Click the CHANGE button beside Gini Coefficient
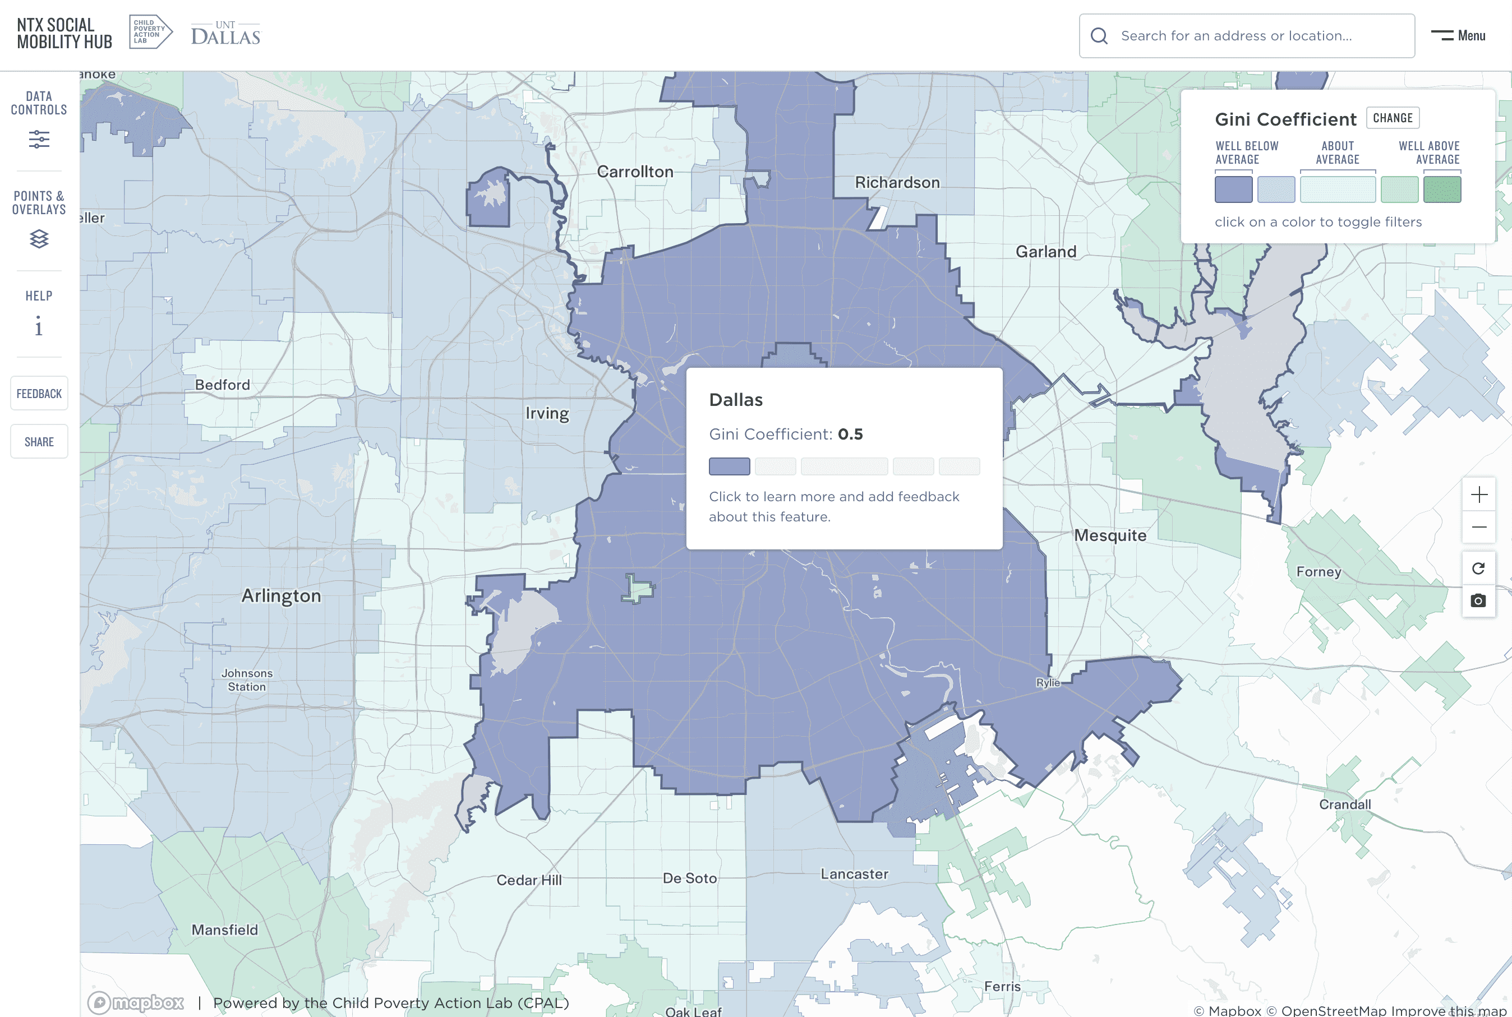click(1392, 118)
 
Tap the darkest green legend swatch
click(1441, 190)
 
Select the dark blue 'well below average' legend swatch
click(1233, 190)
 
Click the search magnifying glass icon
click(1099, 36)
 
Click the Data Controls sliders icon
click(39, 139)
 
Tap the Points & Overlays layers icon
click(39, 239)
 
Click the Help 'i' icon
click(39, 326)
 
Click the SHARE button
click(39, 442)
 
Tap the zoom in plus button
click(1478, 495)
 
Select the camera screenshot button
click(1478, 600)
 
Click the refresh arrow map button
click(1478, 569)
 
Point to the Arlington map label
click(281, 596)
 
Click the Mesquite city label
click(1110, 535)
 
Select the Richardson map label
click(897, 183)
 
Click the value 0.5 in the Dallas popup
click(850, 434)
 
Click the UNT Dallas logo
click(225, 34)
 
